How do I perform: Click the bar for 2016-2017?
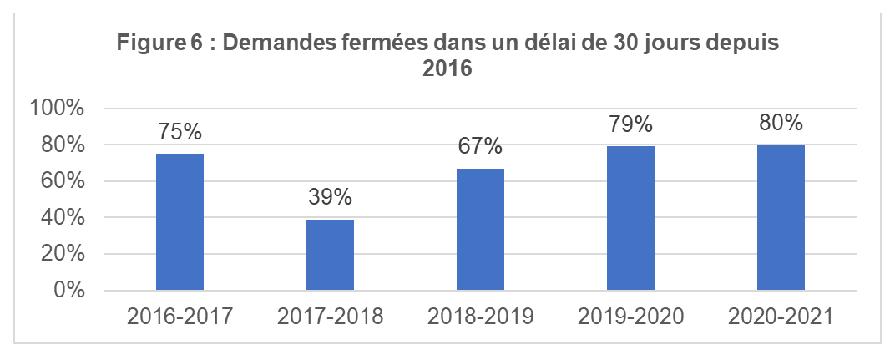180,222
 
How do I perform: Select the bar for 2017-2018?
330,255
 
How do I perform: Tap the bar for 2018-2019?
480,230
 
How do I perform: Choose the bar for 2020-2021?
781,218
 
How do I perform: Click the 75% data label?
180,133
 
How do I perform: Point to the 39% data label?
330,199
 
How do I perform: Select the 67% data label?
480,147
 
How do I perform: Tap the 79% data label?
630,125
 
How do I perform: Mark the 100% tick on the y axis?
58,109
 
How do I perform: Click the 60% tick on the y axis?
63,181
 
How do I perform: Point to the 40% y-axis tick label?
63,218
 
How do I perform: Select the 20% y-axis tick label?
63,254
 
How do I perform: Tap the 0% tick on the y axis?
69,291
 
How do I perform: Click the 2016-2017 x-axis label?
180,317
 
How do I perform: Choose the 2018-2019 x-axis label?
480,317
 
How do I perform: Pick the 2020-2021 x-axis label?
781,317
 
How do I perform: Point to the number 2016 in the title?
447,68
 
